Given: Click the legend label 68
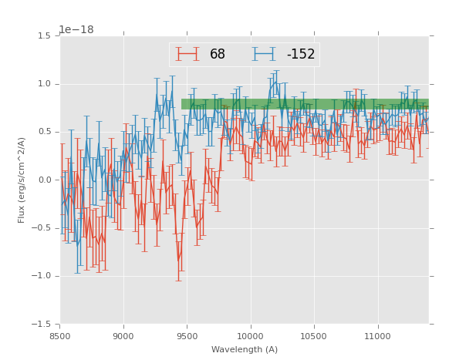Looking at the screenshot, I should click(x=218, y=54).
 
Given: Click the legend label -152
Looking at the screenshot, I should click(x=300, y=54).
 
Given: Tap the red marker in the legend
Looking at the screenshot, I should click(x=187, y=54).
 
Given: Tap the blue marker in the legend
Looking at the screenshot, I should click(x=264, y=54).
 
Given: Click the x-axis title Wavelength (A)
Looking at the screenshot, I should click(x=245, y=349).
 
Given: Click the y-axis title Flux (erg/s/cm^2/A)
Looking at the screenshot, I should click(x=22, y=180).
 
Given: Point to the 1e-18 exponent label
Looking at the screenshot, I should click(x=76, y=30).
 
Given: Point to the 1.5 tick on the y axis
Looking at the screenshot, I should click(x=45, y=36).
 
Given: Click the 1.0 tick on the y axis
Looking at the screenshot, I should click(x=45, y=84).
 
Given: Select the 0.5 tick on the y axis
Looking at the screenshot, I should click(x=45, y=132).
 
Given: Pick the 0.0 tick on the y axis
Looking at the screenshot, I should click(x=45, y=180).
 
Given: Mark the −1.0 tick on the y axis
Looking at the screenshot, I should click(x=42, y=276).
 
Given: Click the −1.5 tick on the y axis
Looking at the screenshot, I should click(x=42, y=325).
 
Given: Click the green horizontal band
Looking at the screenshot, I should click(x=305, y=103).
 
